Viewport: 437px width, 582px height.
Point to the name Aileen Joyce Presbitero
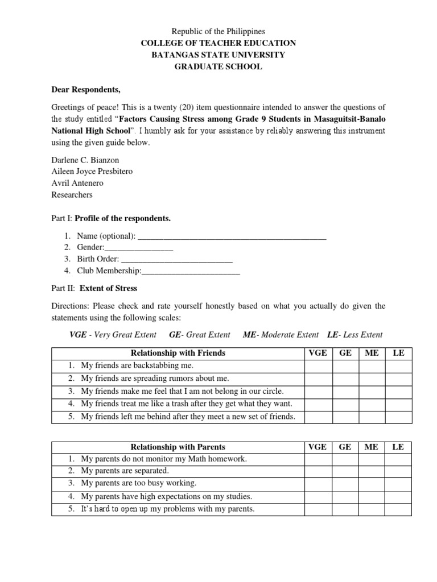pos(92,171)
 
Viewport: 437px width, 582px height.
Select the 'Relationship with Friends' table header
pos(178,353)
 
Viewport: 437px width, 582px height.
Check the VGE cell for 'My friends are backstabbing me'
pos(318,366)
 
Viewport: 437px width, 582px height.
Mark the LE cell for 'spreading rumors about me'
pos(398,379)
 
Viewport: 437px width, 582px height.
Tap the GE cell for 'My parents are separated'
pos(345,471)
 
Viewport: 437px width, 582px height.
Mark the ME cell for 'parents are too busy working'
pos(372,484)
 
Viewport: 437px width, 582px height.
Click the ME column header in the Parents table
pos(372,447)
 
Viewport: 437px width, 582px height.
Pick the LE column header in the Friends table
pos(398,353)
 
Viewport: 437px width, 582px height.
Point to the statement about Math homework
pos(156,459)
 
